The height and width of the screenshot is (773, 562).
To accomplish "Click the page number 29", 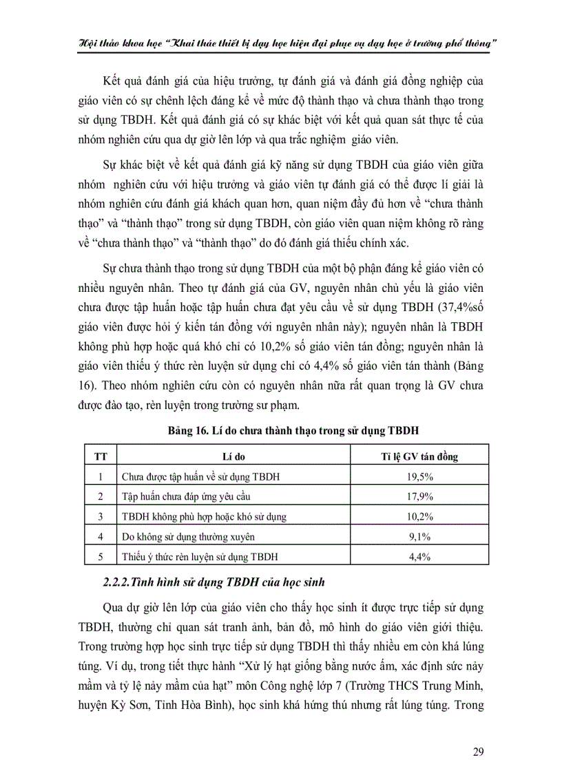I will (478, 751).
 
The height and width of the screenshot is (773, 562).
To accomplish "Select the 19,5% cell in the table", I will (420, 476).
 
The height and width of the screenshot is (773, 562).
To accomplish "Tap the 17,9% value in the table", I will (420, 496).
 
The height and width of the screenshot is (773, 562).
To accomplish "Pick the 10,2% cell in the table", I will (420, 516).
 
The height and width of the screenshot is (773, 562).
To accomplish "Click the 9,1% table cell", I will (420, 536).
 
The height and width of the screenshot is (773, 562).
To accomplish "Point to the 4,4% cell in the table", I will (420, 555).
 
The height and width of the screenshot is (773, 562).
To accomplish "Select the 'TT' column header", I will (101, 456).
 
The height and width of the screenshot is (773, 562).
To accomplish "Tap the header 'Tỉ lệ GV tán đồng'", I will (420, 456).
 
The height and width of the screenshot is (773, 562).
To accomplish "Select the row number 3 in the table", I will (101, 516).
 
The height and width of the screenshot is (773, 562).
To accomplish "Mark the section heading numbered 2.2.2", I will (214, 582).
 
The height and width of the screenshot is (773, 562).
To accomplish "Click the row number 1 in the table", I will (101, 476).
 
